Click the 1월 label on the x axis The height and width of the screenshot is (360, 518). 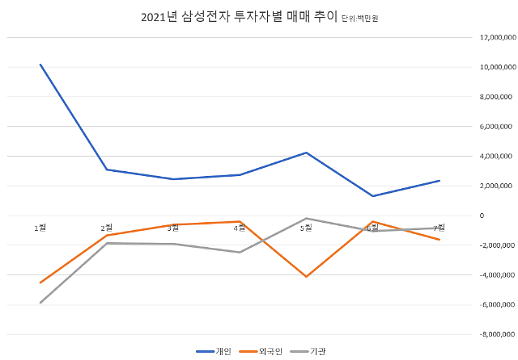[x=41, y=228]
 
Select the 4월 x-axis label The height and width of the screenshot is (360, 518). [x=240, y=228]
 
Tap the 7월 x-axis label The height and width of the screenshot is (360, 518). [x=439, y=228]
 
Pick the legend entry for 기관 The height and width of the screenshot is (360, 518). [x=310, y=351]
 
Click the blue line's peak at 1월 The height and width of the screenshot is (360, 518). [x=41, y=65]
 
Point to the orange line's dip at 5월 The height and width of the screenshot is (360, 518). [x=306, y=276]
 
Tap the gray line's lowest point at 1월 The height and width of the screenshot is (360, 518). [x=41, y=302]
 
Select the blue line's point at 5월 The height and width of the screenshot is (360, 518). [x=306, y=153]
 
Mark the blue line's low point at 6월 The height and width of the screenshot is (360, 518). [x=372, y=196]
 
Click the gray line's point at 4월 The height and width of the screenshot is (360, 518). [x=240, y=252]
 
